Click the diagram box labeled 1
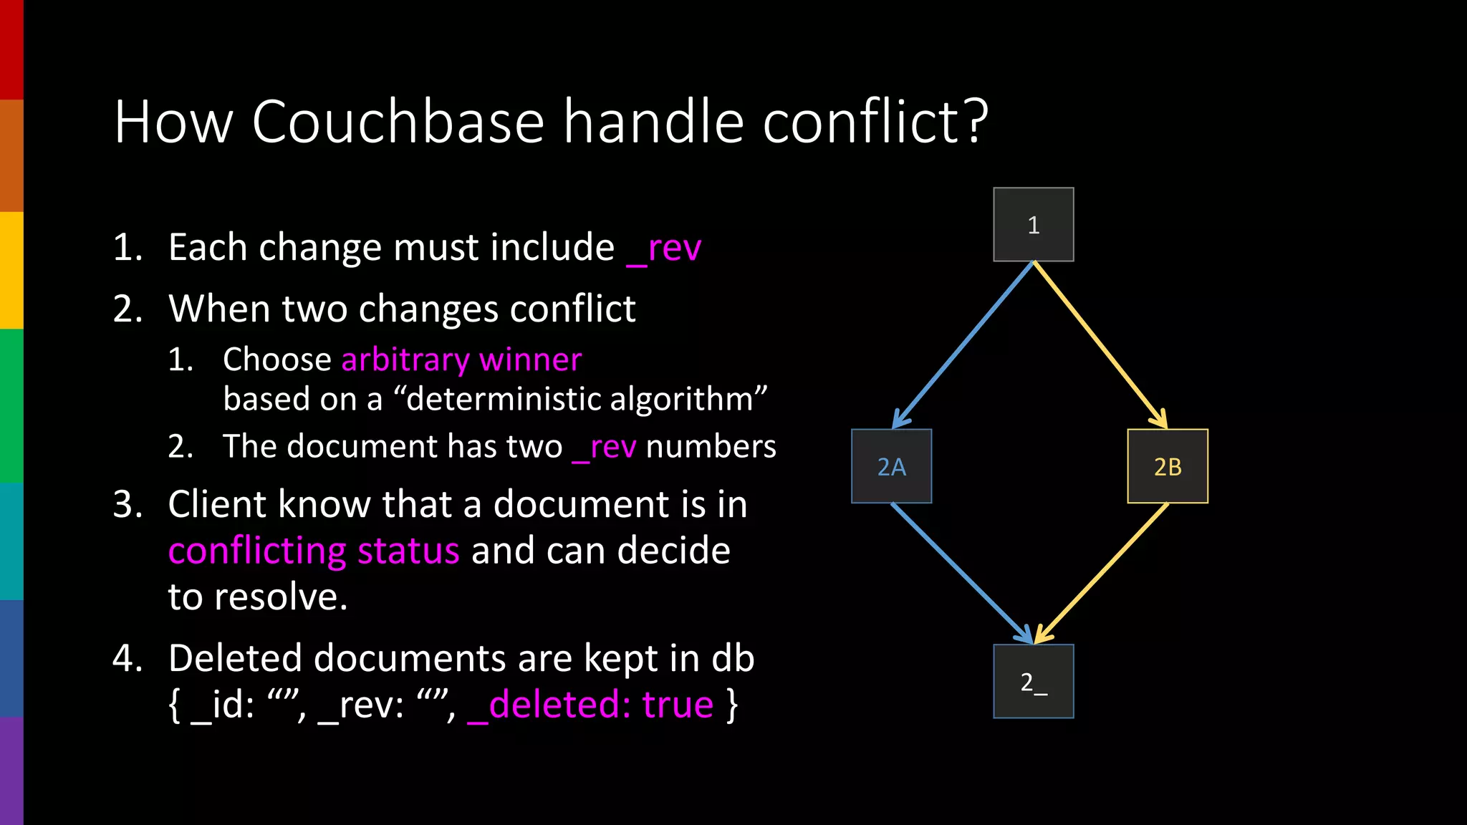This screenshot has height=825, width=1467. [x=1033, y=224]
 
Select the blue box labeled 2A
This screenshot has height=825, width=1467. [x=891, y=466]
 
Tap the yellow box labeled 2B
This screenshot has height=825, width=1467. [x=1168, y=466]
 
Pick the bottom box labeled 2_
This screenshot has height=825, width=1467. [x=1033, y=681]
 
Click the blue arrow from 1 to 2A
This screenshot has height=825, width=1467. [x=963, y=344]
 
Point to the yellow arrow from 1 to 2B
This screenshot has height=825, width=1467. [x=1100, y=344]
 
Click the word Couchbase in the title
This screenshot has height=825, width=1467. [x=398, y=122]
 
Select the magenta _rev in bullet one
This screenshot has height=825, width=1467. [x=663, y=249]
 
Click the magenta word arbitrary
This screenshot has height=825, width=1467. [x=405, y=360]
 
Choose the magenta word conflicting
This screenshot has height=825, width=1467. [x=257, y=551]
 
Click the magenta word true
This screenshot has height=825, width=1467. [x=678, y=705]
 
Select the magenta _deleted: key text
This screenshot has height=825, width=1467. [x=549, y=705]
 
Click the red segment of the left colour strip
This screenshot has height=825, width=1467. [x=11, y=50]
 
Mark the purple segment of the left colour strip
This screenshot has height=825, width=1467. [x=11, y=771]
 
